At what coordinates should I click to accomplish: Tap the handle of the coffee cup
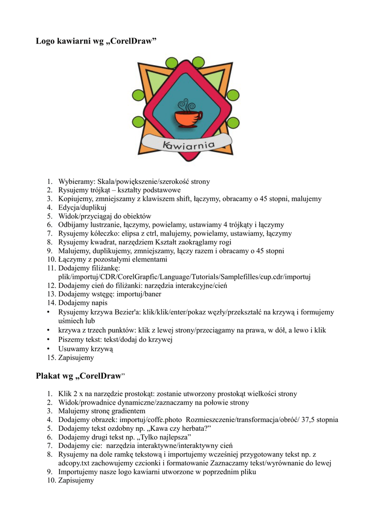(x=198, y=116)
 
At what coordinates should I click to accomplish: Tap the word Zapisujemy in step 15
(x=76, y=357)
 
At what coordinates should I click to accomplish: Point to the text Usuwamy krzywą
(x=86, y=349)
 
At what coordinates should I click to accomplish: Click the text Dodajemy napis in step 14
(x=83, y=303)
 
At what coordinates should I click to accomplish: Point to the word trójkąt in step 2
(x=105, y=190)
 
